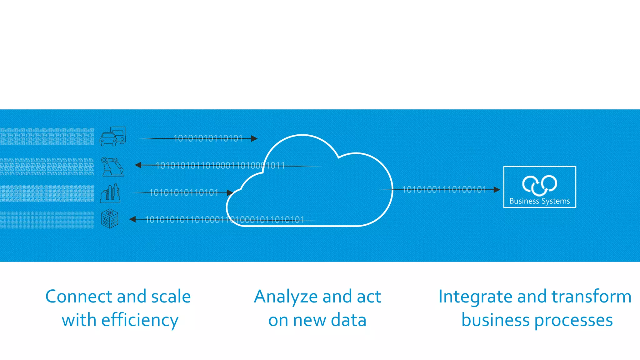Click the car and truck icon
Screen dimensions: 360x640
pos(113,136)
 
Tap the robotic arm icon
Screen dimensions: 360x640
pos(112,167)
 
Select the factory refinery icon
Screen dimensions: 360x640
pos(110,193)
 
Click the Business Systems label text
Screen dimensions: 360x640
pos(539,201)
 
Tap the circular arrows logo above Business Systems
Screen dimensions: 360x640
pos(539,185)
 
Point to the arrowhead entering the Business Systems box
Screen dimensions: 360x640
pos(497,189)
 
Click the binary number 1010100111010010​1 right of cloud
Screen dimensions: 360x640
pos(444,189)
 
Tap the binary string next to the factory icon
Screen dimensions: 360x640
pos(184,192)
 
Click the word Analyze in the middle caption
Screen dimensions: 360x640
pos(286,297)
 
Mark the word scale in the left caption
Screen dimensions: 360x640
pos(171,297)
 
